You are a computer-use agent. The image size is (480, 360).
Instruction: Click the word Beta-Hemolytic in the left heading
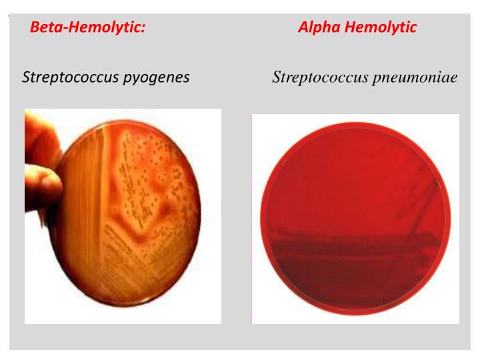coord(87,27)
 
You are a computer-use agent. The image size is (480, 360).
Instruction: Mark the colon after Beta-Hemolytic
coord(143,29)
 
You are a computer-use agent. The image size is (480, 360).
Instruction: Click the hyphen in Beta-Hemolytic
coord(64,29)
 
